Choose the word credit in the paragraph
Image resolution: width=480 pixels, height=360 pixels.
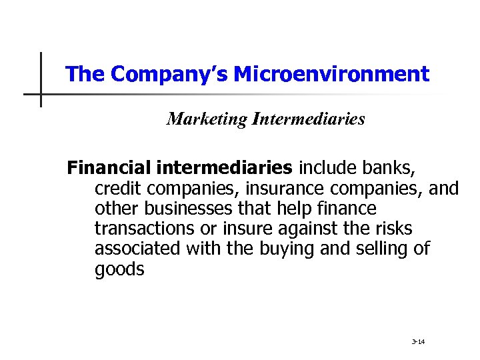tap(115, 189)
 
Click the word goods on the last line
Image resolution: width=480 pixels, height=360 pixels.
tap(119, 269)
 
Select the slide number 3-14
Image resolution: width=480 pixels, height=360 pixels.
tap(418, 342)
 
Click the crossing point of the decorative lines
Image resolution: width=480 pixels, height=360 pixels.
tap(41, 94)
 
